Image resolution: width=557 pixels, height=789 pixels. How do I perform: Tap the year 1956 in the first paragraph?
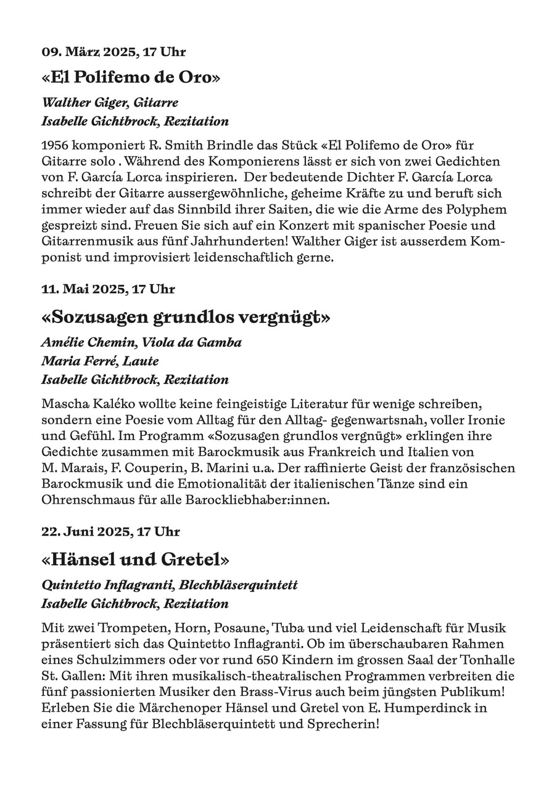(x=55, y=145)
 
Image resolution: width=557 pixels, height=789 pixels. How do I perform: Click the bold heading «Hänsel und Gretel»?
(x=135, y=560)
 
